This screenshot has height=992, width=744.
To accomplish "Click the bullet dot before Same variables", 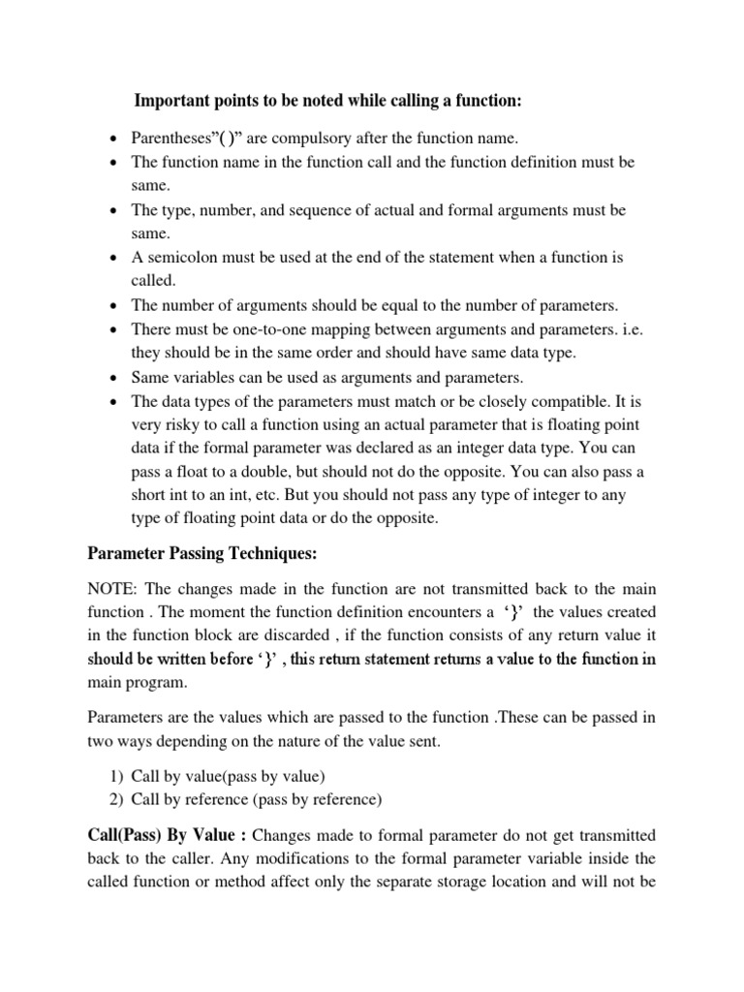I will tap(114, 378).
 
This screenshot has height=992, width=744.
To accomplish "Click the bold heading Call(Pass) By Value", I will tap(169, 835).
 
